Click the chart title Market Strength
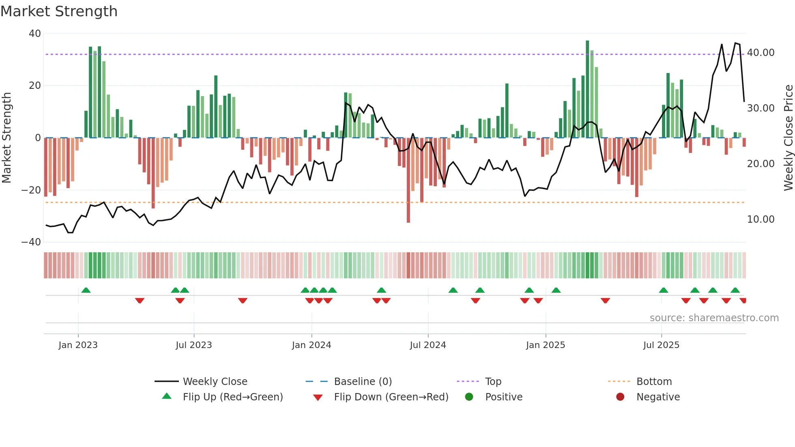(x=59, y=11)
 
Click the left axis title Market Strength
(x=6, y=138)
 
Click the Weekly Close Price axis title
(x=788, y=138)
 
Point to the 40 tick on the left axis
(x=35, y=34)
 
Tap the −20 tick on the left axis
(x=31, y=190)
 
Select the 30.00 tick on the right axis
(x=761, y=108)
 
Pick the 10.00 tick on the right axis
(x=761, y=219)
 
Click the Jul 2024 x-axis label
(x=428, y=345)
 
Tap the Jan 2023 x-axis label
(x=78, y=345)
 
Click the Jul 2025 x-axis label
(x=661, y=345)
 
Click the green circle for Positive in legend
(x=469, y=397)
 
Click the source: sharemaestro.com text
(x=714, y=318)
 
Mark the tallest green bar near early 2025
(x=587, y=89)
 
